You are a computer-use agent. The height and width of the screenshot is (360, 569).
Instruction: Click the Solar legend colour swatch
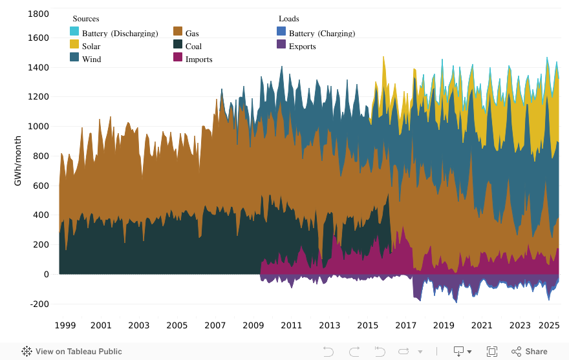click(x=75, y=45)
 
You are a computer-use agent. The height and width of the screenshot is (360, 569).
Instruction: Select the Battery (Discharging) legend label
click(x=120, y=34)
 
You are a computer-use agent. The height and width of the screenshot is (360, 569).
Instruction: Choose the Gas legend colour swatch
click(x=178, y=32)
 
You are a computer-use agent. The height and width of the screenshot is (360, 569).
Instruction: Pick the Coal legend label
click(x=193, y=47)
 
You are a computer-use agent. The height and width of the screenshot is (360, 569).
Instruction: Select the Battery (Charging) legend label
click(x=322, y=34)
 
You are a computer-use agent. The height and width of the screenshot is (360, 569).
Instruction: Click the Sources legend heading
click(x=86, y=19)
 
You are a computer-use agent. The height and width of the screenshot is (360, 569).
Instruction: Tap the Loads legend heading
click(x=288, y=19)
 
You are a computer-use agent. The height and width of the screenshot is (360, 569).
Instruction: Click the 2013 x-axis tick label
click(x=330, y=325)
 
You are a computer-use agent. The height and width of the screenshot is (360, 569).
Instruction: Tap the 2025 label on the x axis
click(x=550, y=325)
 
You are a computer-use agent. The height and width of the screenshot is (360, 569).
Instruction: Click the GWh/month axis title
click(x=18, y=161)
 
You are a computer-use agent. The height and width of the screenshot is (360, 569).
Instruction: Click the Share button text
click(x=536, y=352)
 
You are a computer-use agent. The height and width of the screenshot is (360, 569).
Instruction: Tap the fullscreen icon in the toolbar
click(x=492, y=352)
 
